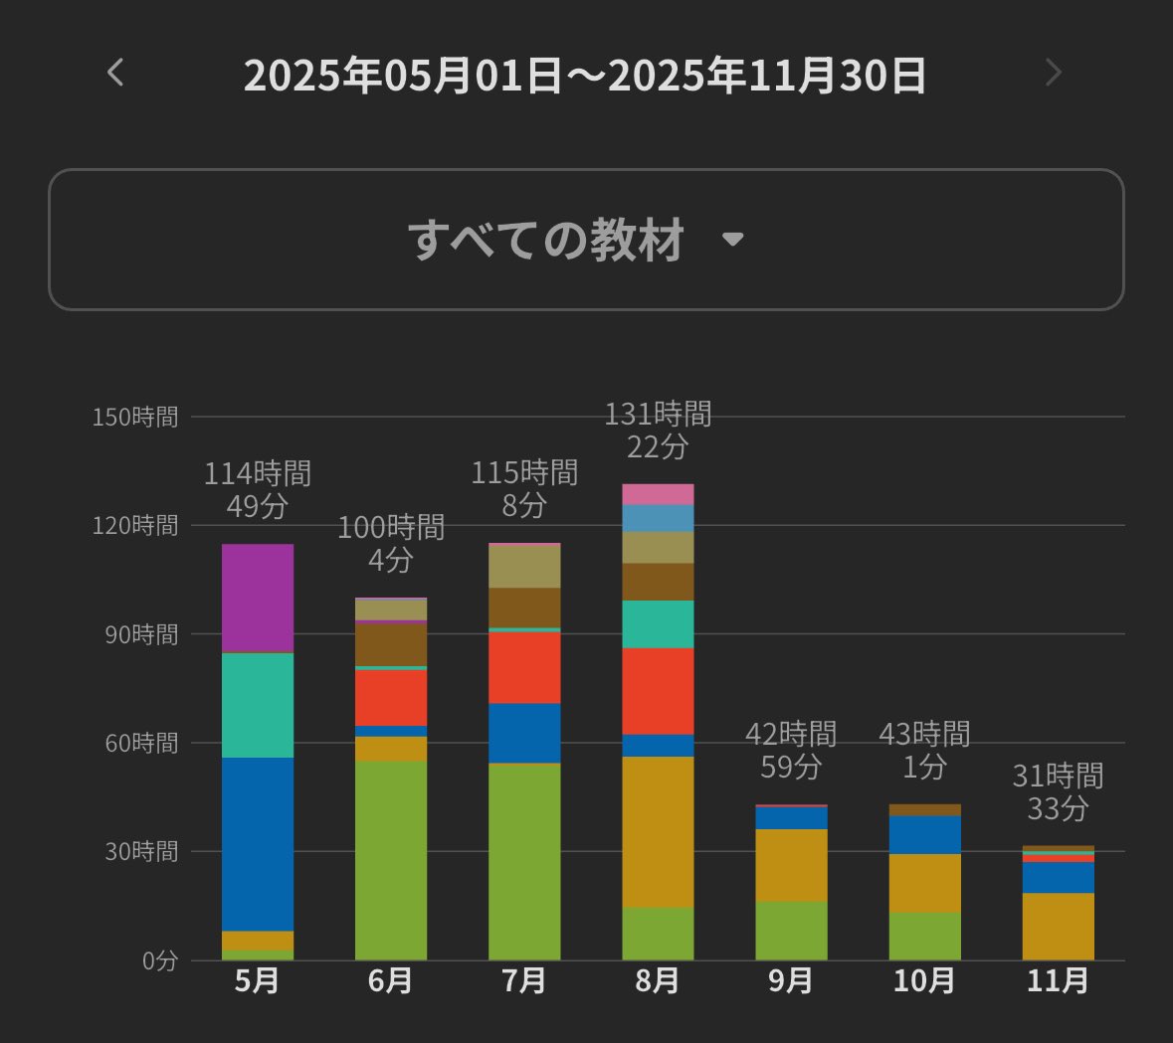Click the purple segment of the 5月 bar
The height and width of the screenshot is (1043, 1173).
[257, 598]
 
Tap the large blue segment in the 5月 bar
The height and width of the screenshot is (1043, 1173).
[257, 844]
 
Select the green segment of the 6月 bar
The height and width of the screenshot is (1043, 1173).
[390, 860]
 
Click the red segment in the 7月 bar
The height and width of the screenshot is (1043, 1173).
[523, 667]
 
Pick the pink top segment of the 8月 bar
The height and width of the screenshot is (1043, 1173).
[658, 494]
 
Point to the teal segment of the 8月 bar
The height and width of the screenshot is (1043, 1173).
[658, 624]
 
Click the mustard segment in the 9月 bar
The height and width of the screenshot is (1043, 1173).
[791, 865]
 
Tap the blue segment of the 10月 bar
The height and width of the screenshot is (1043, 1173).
[924, 835]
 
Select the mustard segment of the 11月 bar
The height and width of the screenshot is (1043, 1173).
[1058, 927]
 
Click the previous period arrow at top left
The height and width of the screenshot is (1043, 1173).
[115, 73]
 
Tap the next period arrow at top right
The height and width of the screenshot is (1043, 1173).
[1054, 73]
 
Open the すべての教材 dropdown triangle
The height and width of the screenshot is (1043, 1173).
[733, 240]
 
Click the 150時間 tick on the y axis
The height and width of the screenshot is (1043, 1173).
[135, 417]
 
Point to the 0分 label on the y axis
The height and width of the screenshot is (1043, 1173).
[159, 960]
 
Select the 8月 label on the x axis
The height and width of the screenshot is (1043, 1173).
[658, 981]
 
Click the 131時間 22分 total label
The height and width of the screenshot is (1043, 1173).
[658, 431]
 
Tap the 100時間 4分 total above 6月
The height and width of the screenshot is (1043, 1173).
[390, 544]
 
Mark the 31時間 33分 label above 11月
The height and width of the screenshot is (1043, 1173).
[1058, 791]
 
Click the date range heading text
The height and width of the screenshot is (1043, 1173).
[585, 76]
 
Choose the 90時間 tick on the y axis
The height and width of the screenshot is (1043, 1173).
[141, 634]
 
